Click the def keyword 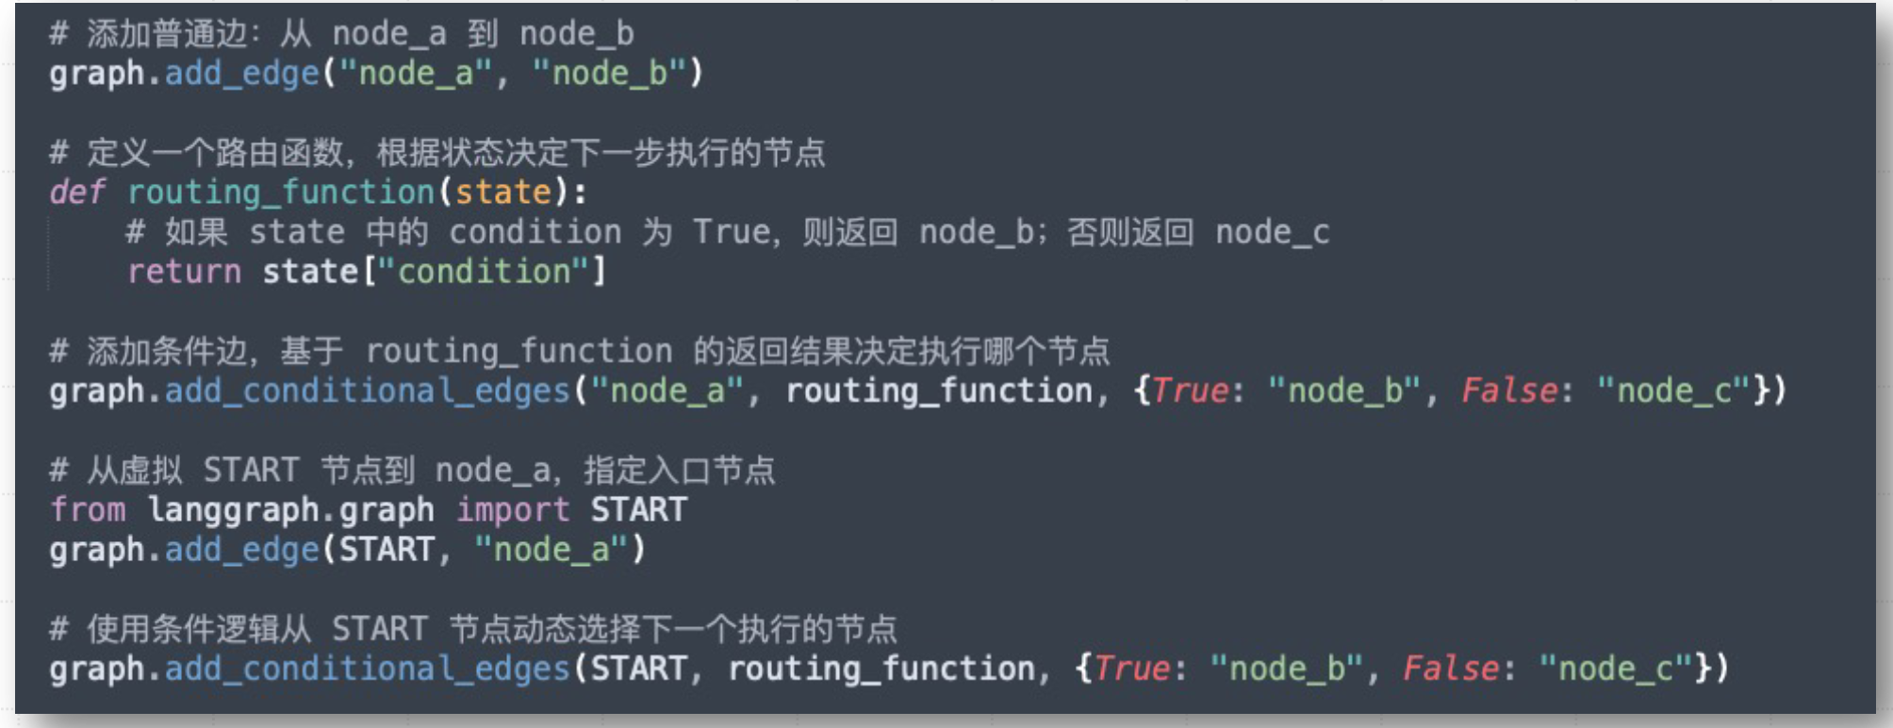tap(76, 192)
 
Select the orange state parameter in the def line tap(502, 192)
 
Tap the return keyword tap(184, 272)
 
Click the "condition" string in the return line tap(484, 272)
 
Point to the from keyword tap(87, 510)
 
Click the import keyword tap(513, 510)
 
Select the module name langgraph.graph tap(290, 510)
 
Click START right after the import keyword tap(638, 510)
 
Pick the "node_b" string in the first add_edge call tap(610, 74)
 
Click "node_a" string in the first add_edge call tap(416, 74)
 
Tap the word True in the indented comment tap(731, 232)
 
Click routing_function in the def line tap(280, 192)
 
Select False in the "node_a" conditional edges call tap(1508, 390)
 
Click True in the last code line tap(1131, 669)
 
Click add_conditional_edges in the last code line tap(368, 669)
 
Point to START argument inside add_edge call tap(387, 550)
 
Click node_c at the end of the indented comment tap(1272, 232)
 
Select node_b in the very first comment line tap(576, 34)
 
